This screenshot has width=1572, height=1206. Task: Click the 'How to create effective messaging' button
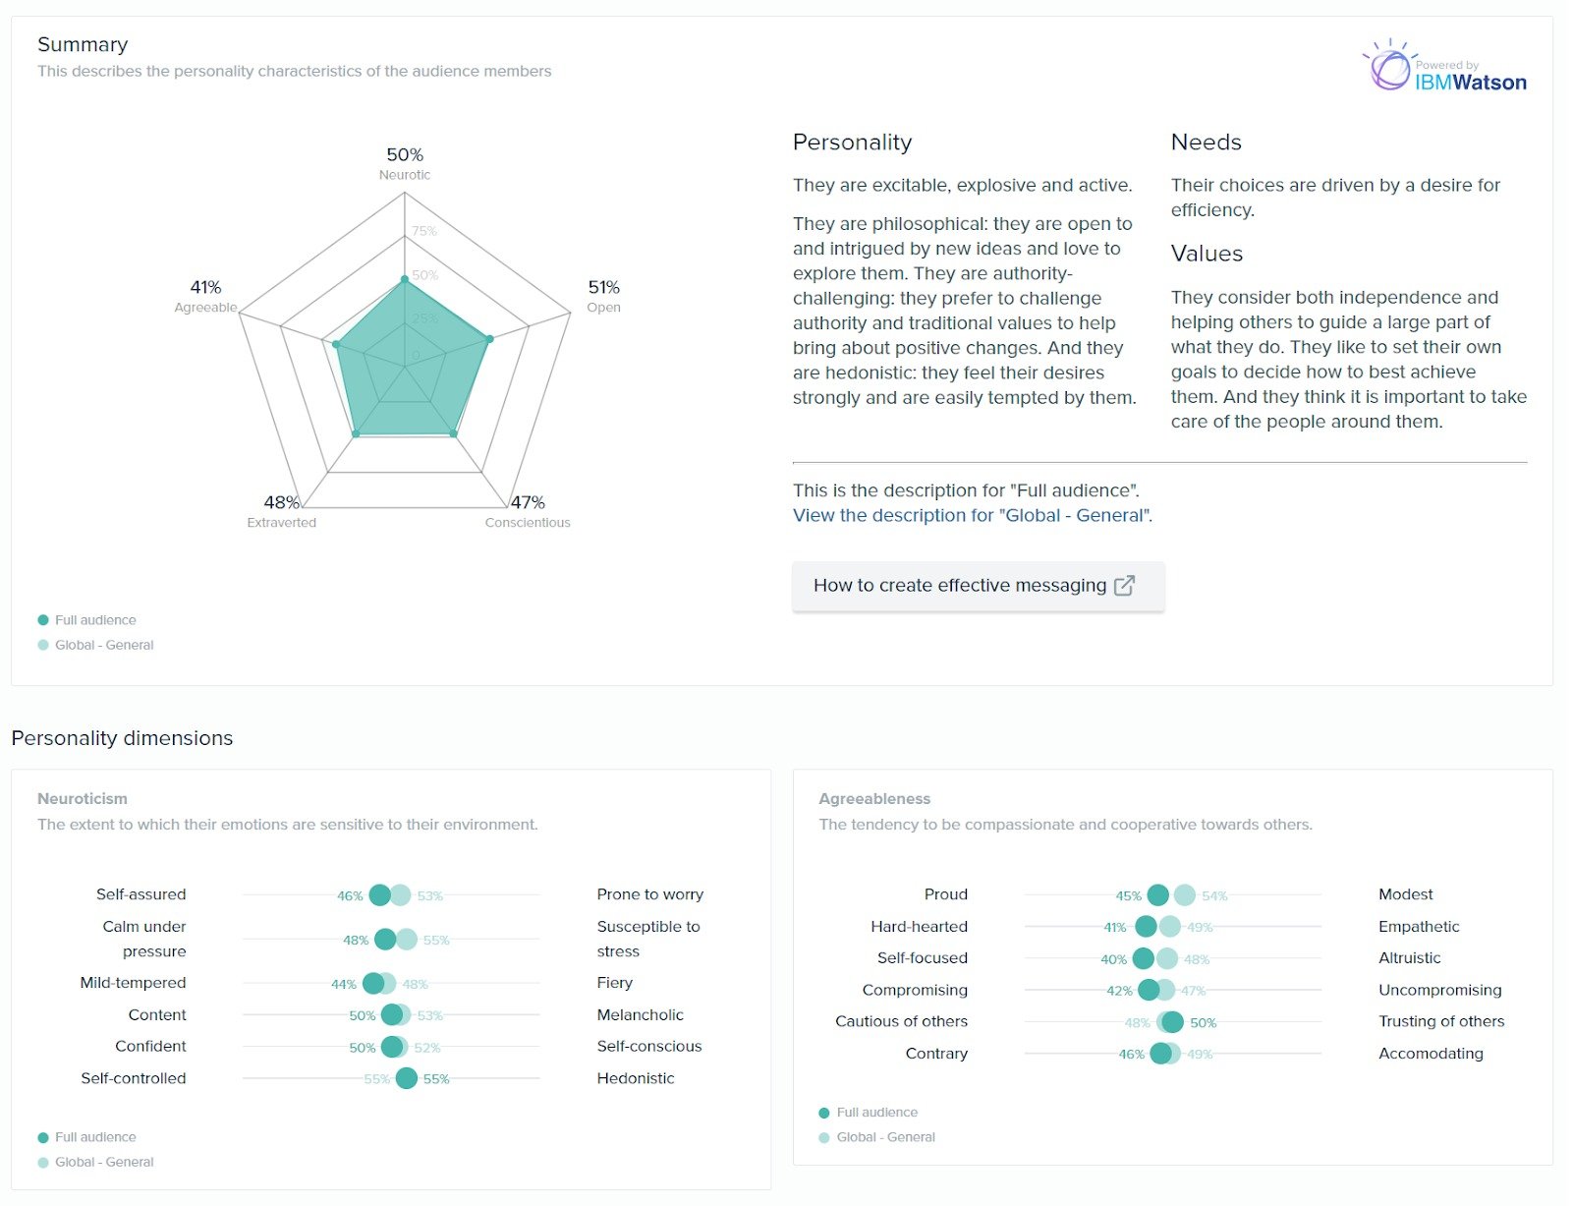(x=977, y=586)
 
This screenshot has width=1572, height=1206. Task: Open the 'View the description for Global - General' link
(x=972, y=515)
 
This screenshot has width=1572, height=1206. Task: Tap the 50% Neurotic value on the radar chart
(x=405, y=155)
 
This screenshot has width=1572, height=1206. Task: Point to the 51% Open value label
(x=603, y=287)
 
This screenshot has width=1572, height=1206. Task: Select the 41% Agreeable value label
(x=205, y=287)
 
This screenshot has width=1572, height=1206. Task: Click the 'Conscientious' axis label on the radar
(x=528, y=523)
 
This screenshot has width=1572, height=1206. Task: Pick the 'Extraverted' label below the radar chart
(x=282, y=523)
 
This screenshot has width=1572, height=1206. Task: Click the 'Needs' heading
(x=1206, y=143)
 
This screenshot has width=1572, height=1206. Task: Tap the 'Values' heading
(x=1207, y=254)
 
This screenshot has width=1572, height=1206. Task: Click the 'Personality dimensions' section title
(x=122, y=738)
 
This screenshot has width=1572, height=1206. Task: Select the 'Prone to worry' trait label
(x=649, y=894)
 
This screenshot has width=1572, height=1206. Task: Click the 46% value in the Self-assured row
(x=350, y=896)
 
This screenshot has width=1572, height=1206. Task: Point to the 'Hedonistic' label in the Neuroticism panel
(x=635, y=1078)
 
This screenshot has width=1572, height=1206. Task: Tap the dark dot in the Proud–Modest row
(x=1158, y=895)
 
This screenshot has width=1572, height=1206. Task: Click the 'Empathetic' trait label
(x=1419, y=927)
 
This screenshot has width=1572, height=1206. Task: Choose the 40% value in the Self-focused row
(x=1113, y=959)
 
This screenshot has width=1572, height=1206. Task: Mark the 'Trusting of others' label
(x=1441, y=1021)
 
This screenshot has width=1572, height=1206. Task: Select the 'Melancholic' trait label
(x=640, y=1015)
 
